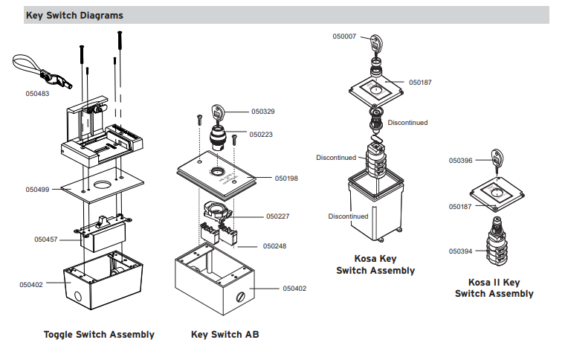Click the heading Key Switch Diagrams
pyautogui.click(x=74, y=15)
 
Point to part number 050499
pyautogui.click(x=38, y=190)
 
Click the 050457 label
pyautogui.click(x=47, y=240)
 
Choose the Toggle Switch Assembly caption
pyautogui.click(x=99, y=335)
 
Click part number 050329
pyautogui.click(x=262, y=112)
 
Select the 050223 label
pyautogui.click(x=261, y=135)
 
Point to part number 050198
pyautogui.click(x=286, y=179)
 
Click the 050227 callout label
pyautogui.click(x=278, y=216)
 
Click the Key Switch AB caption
pyautogui.click(x=225, y=335)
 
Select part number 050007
pyautogui.click(x=344, y=36)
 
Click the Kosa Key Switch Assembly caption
pyautogui.click(x=375, y=266)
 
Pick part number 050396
pyautogui.click(x=460, y=160)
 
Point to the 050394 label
pyautogui.click(x=460, y=251)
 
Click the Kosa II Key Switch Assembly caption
pyautogui.click(x=494, y=289)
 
